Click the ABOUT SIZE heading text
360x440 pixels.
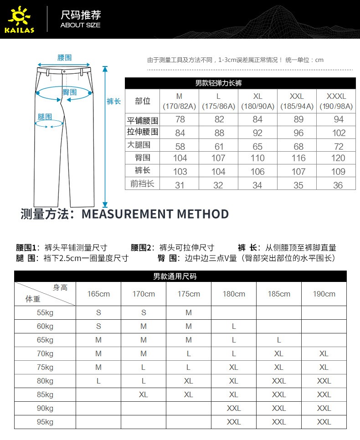point(80,25)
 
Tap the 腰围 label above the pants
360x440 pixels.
point(64,58)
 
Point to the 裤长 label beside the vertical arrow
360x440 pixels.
point(113,101)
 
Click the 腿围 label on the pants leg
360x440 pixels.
point(45,117)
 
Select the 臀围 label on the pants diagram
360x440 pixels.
point(69,92)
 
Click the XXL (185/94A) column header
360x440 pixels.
point(297,101)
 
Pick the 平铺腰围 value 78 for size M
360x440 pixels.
point(180,119)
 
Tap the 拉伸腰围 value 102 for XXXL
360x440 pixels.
point(339,133)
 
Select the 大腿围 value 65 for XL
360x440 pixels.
point(257,146)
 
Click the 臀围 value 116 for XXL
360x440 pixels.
point(298,158)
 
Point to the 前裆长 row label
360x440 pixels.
point(142,184)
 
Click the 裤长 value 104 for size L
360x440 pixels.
point(218,172)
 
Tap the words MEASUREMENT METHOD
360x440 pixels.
point(155,214)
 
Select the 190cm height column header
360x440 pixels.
point(324,294)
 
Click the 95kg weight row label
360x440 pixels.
point(45,422)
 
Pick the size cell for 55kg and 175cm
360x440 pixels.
point(189,312)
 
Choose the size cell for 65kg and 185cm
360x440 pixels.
point(279,340)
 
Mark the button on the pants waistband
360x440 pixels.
point(64,71)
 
